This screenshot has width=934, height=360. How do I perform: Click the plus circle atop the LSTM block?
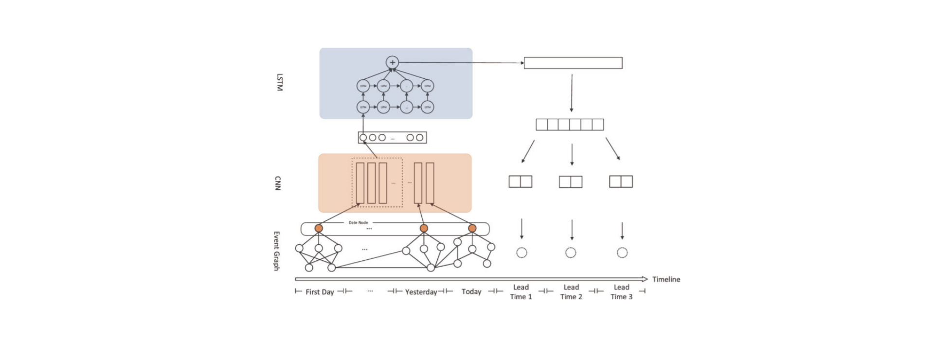point(392,62)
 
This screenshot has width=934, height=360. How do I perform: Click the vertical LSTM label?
point(279,82)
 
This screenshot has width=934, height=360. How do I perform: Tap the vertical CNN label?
point(278,183)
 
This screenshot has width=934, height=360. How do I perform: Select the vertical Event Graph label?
point(276,251)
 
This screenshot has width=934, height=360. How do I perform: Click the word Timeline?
point(666,279)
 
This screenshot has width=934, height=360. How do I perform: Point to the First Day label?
point(320,292)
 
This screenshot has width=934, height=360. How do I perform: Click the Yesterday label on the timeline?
point(421,292)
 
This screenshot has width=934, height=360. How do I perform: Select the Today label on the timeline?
point(471,291)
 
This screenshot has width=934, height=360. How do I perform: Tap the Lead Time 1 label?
point(521,292)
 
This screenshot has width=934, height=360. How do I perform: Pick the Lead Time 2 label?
point(571,292)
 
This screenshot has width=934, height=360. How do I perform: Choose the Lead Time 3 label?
point(622,292)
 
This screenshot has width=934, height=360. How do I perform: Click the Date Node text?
point(358,222)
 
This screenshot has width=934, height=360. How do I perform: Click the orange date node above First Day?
point(319,228)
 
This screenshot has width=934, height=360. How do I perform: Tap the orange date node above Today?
point(472,228)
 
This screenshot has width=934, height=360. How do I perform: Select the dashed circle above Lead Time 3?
point(622,252)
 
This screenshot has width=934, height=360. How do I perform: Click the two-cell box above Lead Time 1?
point(521,181)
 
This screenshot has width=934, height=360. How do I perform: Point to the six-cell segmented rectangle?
point(570,125)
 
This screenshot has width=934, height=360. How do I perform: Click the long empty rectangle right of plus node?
point(573,63)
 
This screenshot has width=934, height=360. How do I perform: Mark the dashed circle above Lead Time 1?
point(521,252)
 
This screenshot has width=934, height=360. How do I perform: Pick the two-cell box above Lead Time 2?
point(571,182)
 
